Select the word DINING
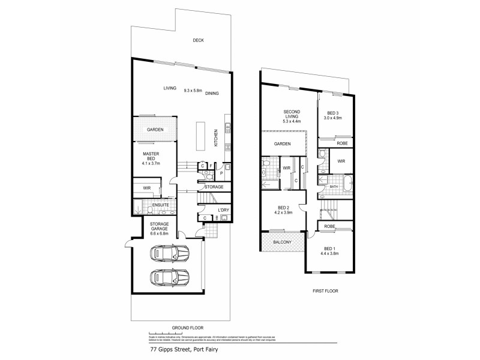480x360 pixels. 212,94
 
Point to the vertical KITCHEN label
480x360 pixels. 215,140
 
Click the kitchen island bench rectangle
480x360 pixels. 199,136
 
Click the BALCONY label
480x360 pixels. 281,242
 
